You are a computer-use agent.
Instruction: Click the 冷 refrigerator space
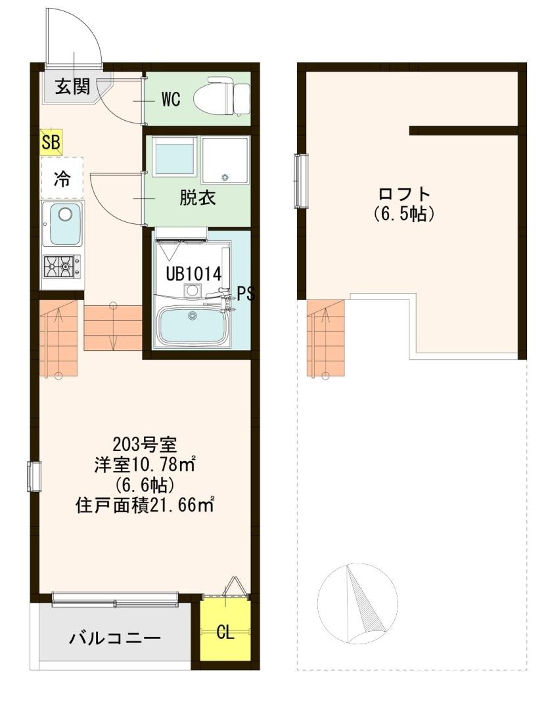62,178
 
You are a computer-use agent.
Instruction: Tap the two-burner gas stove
62,266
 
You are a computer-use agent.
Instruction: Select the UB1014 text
193,273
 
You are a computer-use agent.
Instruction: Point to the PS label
245,294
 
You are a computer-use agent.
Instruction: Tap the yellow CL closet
225,632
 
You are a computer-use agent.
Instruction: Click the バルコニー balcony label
115,638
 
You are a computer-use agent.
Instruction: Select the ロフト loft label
404,194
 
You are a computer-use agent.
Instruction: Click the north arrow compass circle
357,602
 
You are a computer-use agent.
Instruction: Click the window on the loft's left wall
302,181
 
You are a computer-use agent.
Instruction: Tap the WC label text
171,100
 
